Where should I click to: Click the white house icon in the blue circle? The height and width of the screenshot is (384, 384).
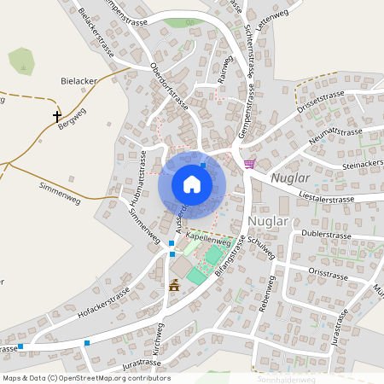[x=192, y=183]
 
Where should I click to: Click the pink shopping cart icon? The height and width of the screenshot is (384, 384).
[x=249, y=163]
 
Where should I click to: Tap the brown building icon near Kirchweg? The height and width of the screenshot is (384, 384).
[x=175, y=285]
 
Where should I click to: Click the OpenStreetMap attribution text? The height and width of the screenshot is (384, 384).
[x=86, y=378]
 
